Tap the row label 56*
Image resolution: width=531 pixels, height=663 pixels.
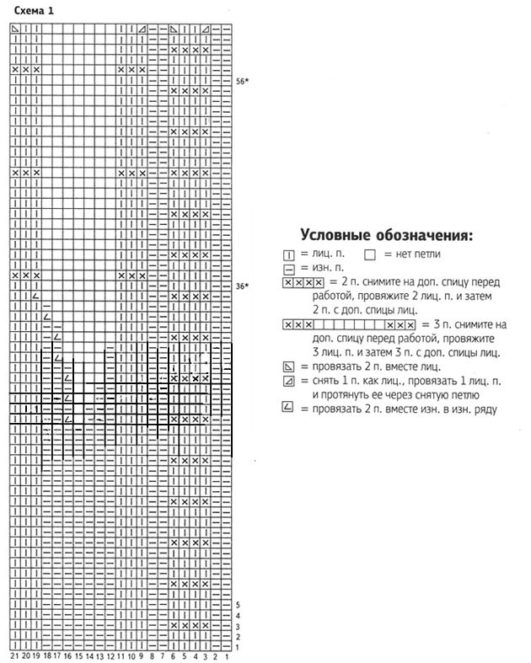click(241, 81)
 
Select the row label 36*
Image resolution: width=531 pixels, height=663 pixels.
click(241, 286)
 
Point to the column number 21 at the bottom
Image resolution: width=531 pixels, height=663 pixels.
click(14, 655)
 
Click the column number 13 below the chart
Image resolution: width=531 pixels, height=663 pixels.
click(99, 655)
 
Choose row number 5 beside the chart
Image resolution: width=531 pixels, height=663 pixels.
click(239, 605)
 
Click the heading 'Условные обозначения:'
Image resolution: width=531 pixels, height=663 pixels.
click(387, 233)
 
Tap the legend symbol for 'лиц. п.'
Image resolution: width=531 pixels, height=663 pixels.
click(289, 254)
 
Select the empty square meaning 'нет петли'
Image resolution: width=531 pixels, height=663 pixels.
click(370, 254)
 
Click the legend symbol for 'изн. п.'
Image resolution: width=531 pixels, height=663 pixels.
click(289, 268)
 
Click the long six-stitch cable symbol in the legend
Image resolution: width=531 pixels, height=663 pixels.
click(350, 324)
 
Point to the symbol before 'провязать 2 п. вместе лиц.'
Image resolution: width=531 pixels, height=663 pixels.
click(289, 366)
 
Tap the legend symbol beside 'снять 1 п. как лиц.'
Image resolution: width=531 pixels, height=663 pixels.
click(289, 382)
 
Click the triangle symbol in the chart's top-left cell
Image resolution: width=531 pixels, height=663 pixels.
click(14, 29)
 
